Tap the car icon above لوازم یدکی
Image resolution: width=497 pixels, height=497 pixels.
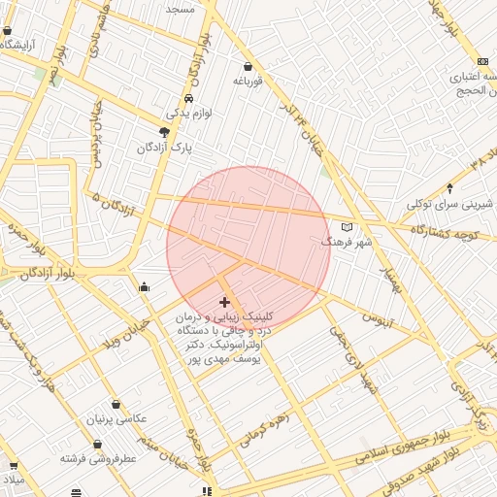click(x=188, y=98)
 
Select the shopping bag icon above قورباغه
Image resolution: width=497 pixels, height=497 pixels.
click(x=249, y=67)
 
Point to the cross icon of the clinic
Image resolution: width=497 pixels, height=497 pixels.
click(x=225, y=303)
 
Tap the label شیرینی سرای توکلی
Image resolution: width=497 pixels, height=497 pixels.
click(x=449, y=204)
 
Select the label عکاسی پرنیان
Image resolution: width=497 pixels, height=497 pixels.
click(x=117, y=419)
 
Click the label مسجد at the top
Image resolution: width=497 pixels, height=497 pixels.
click(x=180, y=8)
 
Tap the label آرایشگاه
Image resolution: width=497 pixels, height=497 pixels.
click(x=19, y=45)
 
